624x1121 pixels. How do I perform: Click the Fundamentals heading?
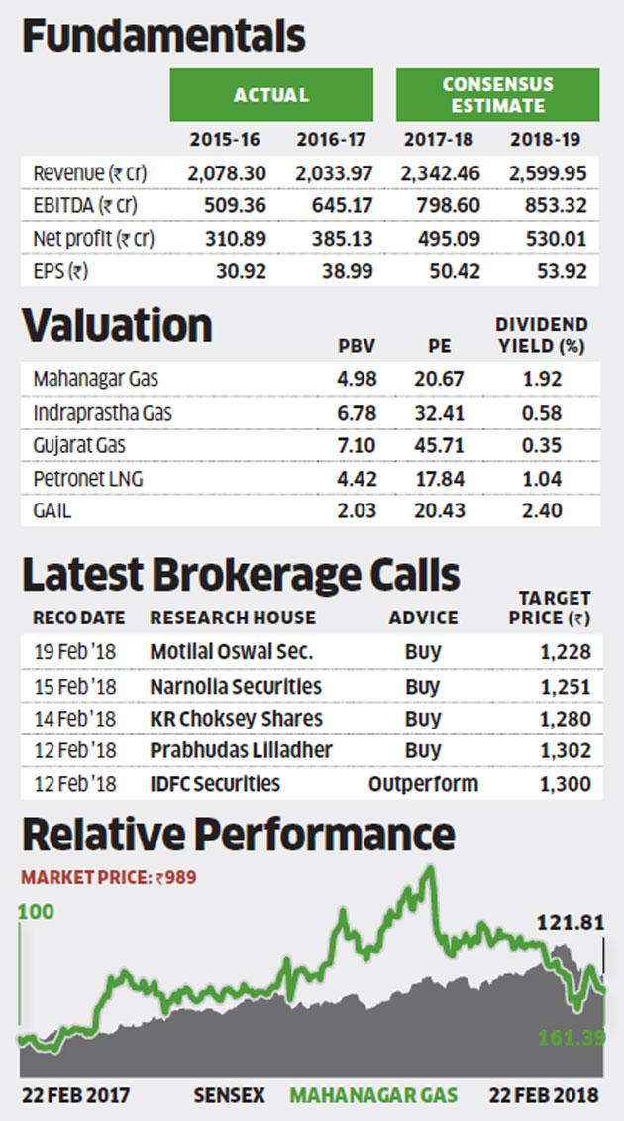point(163,36)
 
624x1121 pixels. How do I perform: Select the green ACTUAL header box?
point(270,95)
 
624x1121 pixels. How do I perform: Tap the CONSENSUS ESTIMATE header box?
point(497,95)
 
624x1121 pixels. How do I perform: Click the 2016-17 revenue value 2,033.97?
point(333,173)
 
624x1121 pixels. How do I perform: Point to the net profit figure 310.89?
point(227,239)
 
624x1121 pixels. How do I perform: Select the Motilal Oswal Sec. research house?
point(231,652)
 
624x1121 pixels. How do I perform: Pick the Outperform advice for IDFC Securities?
point(423,784)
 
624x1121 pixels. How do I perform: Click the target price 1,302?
point(567,751)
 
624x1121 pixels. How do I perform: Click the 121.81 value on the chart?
point(570,923)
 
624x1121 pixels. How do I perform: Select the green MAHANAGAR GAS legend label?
point(373,1095)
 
